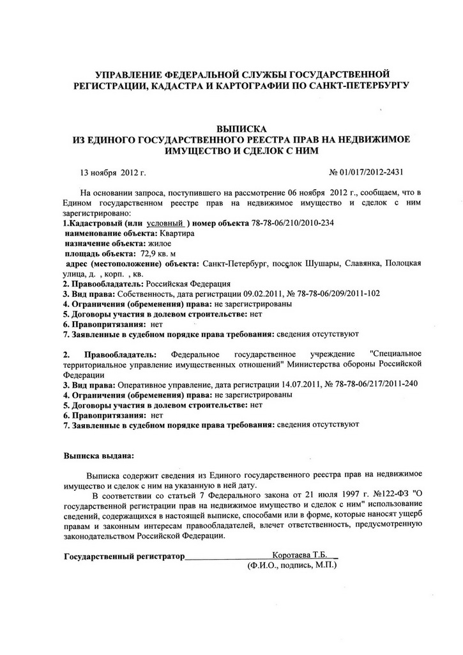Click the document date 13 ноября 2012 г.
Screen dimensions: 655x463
click(x=113, y=172)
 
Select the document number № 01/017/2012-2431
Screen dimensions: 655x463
click(x=365, y=172)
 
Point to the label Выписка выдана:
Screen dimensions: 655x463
click(x=99, y=456)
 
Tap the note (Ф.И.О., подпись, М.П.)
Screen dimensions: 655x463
click(x=292, y=566)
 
